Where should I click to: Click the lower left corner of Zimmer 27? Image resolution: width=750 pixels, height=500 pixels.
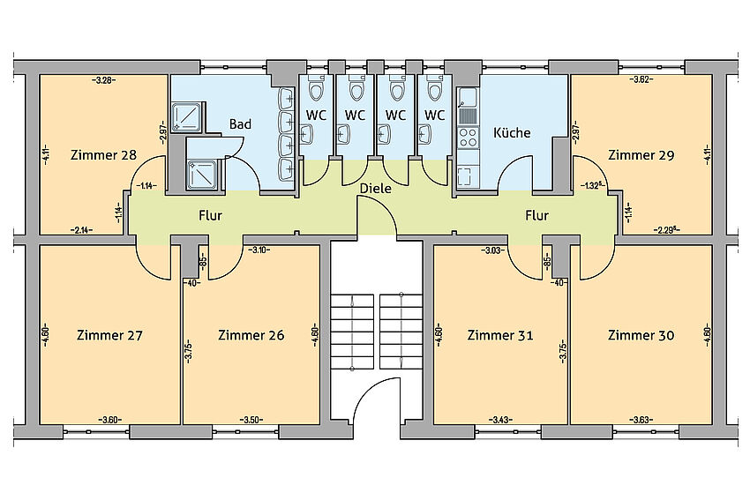(39, 424)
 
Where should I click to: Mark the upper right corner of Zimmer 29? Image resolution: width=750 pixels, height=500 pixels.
(712, 75)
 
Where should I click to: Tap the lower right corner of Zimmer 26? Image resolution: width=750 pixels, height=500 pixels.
(319, 424)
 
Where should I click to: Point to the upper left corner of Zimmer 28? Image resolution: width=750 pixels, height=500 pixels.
(39, 75)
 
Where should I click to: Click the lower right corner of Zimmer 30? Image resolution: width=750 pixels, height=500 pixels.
(712, 424)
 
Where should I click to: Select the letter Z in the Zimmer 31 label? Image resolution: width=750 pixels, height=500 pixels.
(472, 335)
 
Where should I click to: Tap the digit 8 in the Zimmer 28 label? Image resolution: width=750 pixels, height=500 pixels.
(132, 155)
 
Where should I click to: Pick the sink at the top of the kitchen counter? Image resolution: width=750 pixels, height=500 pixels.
(468, 97)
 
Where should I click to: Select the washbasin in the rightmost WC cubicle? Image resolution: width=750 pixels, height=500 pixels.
(424, 134)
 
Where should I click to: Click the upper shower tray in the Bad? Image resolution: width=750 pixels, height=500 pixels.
(187, 116)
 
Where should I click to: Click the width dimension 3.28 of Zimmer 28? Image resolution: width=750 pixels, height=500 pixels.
(104, 80)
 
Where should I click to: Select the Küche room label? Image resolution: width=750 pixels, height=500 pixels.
(512, 132)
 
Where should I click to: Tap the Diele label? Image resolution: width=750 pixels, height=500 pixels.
(376, 189)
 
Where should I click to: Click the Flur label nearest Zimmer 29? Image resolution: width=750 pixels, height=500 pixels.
(536, 215)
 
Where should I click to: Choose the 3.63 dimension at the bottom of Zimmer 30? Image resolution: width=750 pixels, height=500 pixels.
(641, 420)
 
